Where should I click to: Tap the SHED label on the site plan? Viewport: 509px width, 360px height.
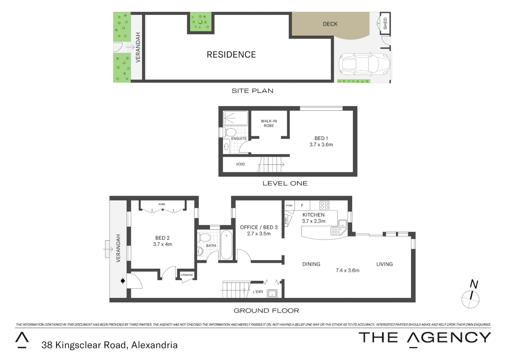[385, 23]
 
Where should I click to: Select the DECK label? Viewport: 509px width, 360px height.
[330, 24]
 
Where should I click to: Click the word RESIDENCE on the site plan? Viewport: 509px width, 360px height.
[231, 55]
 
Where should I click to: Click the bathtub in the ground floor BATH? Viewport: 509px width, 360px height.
[227, 245]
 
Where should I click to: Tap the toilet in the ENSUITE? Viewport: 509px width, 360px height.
[229, 132]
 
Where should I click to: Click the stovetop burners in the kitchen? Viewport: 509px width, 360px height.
[324, 205]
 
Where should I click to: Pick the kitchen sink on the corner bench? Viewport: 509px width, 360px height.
[339, 227]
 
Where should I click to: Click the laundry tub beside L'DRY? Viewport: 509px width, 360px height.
[272, 294]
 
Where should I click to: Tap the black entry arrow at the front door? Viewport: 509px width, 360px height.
[123, 281]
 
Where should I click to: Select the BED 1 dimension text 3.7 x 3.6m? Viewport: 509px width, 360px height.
[321, 145]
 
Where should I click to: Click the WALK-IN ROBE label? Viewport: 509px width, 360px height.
[269, 123]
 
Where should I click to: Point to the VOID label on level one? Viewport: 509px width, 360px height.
[240, 164]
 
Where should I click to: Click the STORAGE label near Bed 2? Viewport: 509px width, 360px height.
[187, 275]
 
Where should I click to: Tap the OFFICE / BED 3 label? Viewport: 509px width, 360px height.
[259, 227]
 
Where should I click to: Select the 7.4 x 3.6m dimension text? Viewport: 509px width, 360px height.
[347, 270]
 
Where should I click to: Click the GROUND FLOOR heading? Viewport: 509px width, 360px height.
[266, 311]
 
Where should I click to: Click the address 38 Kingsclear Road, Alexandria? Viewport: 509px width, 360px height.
[109, 345]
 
